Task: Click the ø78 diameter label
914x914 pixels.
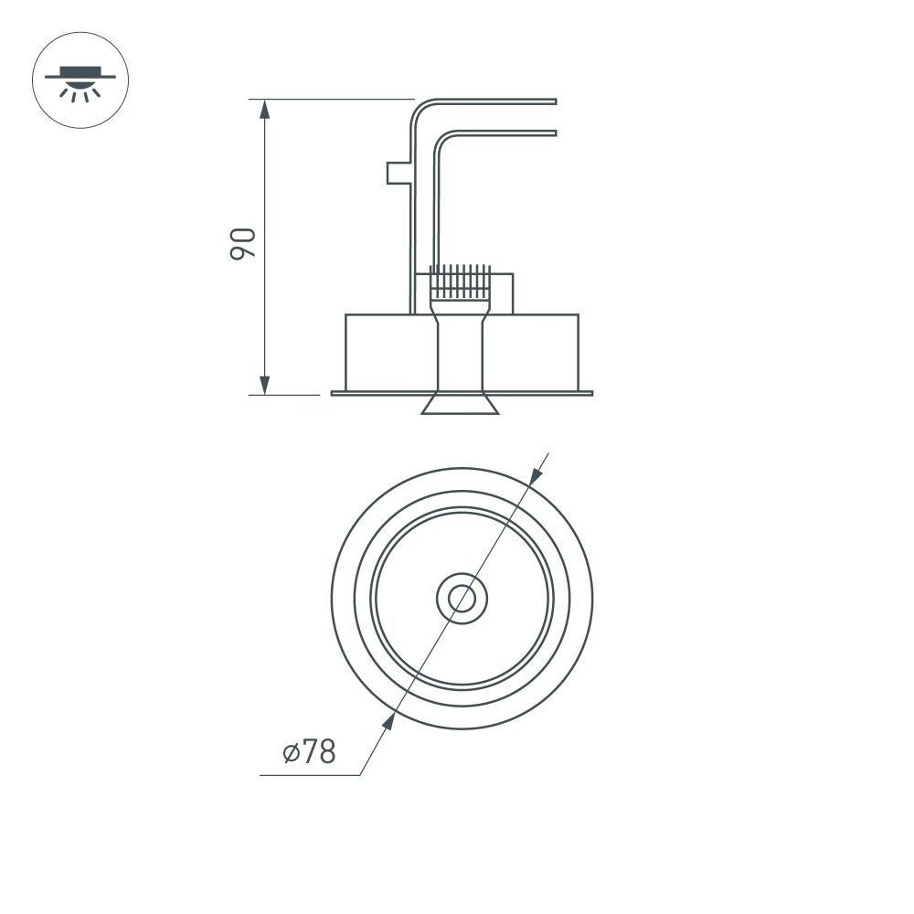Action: [x=309, y=752]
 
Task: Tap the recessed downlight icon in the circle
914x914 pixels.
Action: [x=80, y=80]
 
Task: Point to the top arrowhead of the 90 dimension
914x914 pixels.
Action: [x=265, y=110]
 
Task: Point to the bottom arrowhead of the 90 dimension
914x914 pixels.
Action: [x=265, y=384]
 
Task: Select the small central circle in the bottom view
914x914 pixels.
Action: [x=462, y=599]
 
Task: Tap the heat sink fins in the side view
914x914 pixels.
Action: [x=462, y=282]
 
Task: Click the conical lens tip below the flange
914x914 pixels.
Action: [x=460, y=405]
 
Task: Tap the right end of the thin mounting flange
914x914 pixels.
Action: [x=590, y=394]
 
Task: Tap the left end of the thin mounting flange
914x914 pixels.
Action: [x=335, y=394]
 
